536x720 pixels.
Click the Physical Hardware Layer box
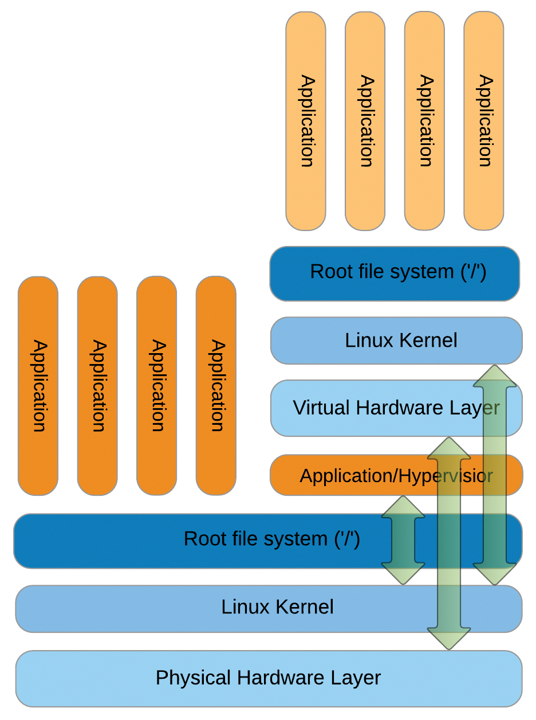269,678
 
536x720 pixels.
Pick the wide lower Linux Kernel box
229,608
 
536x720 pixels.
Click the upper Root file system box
395,273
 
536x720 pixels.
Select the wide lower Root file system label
271,539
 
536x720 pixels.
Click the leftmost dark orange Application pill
38,386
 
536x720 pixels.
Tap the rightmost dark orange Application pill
216,386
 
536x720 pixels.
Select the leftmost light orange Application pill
306,120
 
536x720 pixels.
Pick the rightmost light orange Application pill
484,120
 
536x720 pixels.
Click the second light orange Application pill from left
365,120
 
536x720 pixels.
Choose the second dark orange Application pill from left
97,386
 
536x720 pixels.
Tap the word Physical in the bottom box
193,678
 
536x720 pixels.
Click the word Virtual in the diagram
321,408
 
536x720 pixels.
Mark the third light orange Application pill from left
424,120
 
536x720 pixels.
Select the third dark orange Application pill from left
156,386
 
